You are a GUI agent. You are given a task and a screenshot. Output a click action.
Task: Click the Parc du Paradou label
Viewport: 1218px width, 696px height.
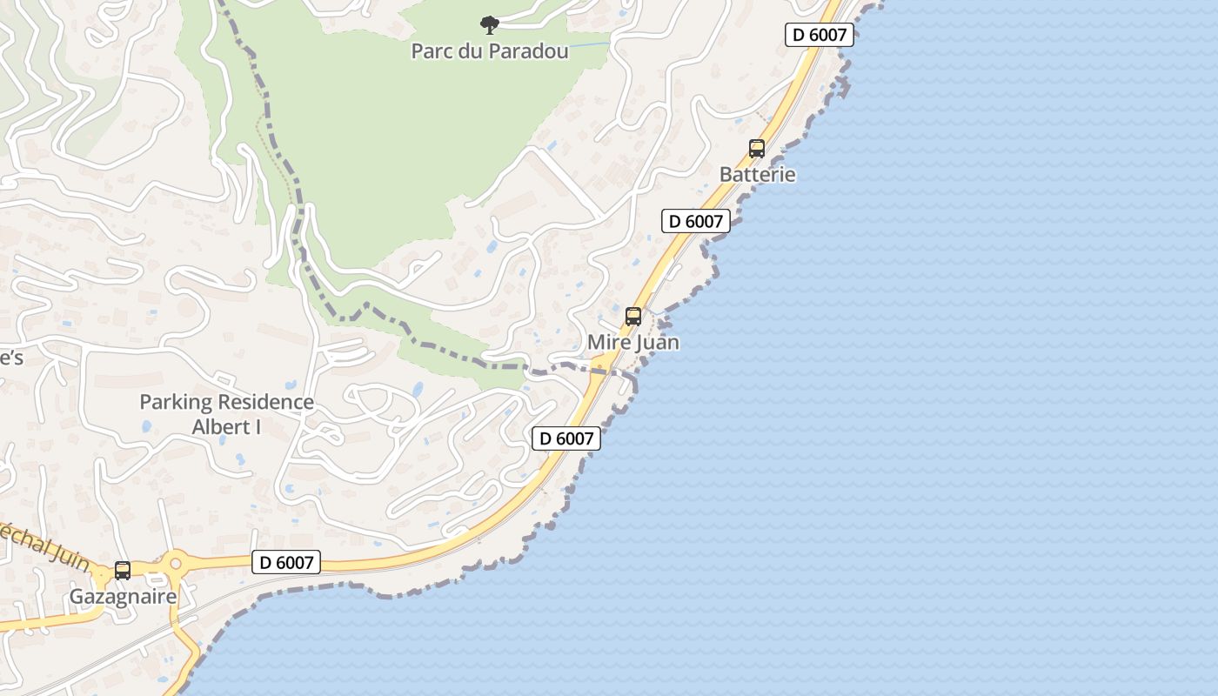(489, 51)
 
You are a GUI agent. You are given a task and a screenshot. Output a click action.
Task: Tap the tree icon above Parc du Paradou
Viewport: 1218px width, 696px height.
(490, 24)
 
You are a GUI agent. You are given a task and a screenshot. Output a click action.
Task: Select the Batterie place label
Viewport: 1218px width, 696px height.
(757, 174)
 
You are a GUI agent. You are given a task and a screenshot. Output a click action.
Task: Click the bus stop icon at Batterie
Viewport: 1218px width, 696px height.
(757, 149)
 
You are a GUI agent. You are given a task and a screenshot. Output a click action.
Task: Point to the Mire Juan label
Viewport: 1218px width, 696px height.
(632, 343)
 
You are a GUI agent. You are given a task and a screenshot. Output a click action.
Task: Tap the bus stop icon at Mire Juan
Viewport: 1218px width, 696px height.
(633, 317)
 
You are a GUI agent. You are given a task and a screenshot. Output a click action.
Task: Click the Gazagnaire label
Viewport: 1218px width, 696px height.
(123, 597)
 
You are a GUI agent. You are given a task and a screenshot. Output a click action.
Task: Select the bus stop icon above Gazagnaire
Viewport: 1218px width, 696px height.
(123, 571)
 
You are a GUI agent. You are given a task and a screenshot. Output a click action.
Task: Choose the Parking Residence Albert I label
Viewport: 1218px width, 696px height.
(226, 414)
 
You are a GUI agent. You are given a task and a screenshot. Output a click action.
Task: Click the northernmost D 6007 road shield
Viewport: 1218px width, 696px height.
(819, 35)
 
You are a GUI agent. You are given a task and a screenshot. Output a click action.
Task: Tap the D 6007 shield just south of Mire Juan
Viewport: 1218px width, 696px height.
(566, 438)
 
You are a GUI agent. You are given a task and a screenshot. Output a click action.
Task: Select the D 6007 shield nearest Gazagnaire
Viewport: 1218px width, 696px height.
(286, 562)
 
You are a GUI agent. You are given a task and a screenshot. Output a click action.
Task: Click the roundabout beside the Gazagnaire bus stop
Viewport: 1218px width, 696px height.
(176, 564)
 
